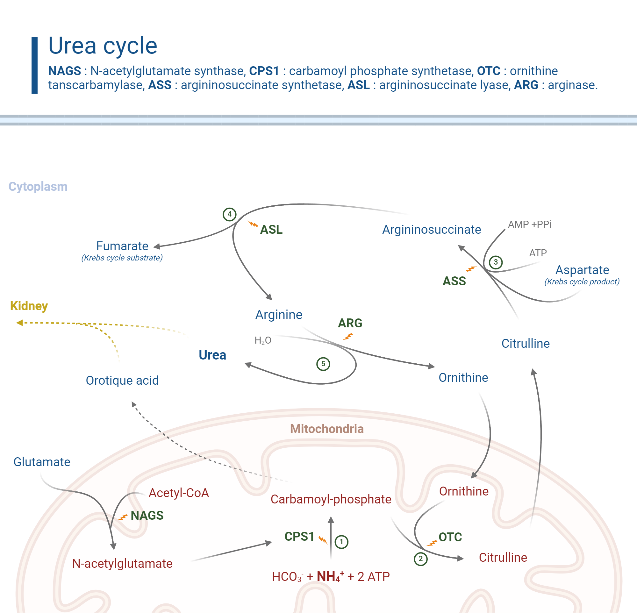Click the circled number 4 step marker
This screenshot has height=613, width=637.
pos(229,214)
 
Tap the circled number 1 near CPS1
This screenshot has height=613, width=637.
pos(341,542)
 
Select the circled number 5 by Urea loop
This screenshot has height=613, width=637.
pos(323,364)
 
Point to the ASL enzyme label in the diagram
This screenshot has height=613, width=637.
pos(271,230)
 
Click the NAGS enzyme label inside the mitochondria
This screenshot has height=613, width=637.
pos(147,516)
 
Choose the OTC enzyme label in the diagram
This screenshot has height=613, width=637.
pos(450,537)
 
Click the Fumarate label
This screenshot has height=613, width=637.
pos(122,246)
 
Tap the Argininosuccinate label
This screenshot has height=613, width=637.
pos(431,230)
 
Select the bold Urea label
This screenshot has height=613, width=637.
pos(212,355)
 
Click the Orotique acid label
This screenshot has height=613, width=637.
pos(122,381)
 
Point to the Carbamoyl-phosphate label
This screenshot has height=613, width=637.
pos(331,499)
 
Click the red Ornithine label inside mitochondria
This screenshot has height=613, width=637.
pos(464,491)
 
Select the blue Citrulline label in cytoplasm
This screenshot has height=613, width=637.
pos(526,344)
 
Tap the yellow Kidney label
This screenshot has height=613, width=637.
pos(29,306)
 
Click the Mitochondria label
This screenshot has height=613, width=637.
pos(327,429)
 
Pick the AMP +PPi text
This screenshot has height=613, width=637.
pos(529,225)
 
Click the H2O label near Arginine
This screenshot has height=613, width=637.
pos(262,340)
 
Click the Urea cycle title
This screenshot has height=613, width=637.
pos(103,46)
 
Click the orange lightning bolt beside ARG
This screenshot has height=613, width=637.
pos(347,337)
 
